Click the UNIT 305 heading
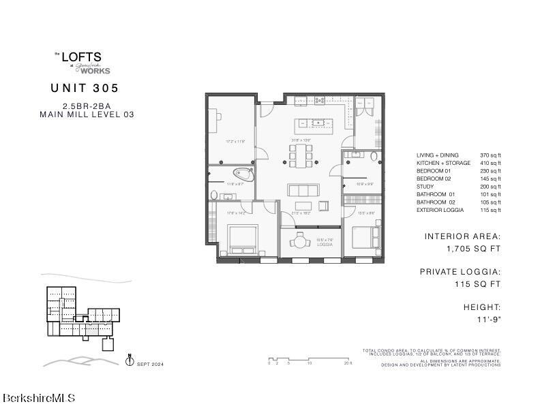(85, 88)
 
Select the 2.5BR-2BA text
(85, 106)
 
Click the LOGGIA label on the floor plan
(305, 244)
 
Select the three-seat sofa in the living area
(303, 189)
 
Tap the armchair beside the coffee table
(324, 206)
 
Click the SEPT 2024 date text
(150, 365)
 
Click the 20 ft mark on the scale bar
(348, 363)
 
